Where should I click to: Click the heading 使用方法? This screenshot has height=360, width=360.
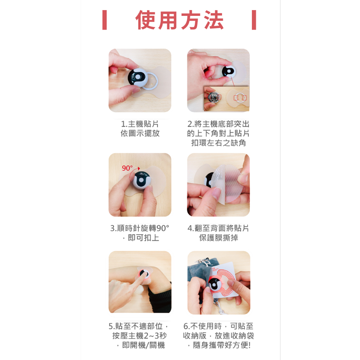point(180,20)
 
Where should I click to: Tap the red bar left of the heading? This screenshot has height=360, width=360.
point(104,20)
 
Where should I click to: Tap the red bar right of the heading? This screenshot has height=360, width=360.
point(254,20)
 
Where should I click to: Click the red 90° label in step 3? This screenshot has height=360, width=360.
point(127,168)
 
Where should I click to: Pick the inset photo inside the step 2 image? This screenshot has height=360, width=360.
point(226,99)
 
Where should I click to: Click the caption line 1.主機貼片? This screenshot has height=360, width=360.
point(140,124)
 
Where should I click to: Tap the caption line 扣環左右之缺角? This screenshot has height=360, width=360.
point(219,143)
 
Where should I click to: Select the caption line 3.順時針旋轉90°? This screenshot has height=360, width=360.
point(140,228)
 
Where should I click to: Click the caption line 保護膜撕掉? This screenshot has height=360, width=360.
point(219,238)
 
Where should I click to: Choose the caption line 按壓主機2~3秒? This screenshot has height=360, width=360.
point(140,336)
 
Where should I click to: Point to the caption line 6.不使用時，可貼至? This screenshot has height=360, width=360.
point(219,326)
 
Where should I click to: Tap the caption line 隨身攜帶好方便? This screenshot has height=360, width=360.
point(219,345)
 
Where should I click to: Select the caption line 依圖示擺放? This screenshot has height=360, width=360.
point(140,134)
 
